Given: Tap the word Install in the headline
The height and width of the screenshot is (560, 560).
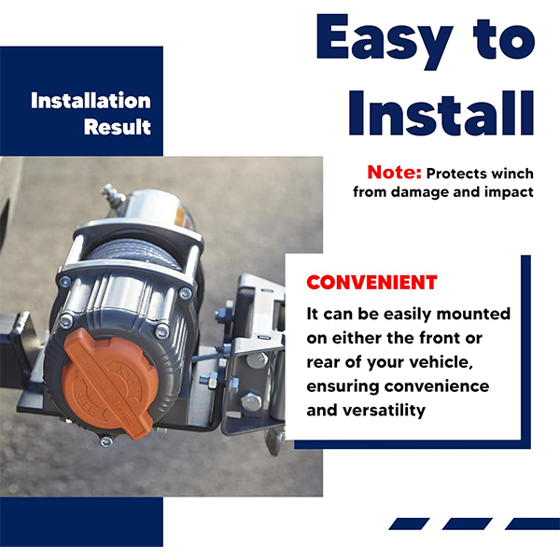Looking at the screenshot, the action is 441,113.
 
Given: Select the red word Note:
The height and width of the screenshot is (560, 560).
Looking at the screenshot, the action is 394,173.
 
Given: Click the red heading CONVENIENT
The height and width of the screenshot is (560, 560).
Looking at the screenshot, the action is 371,283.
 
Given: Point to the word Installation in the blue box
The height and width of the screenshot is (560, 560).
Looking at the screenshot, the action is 91,101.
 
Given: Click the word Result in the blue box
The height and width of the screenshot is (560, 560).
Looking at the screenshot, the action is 118,127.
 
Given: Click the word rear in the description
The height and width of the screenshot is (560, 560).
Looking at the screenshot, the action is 321,363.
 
